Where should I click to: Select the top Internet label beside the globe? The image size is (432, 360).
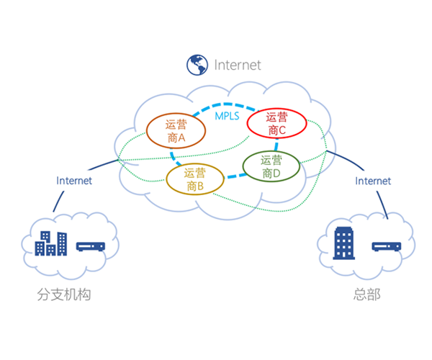(x=238, y=66)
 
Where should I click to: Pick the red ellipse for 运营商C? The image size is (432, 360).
(x=276, y=123)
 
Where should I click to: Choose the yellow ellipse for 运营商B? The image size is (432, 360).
(x=194, y=179)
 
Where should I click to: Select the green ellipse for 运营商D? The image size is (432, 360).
(x=271, y=166)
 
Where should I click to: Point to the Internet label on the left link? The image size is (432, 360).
(x=74, y=181)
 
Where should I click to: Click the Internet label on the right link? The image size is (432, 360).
(x=373, y=181)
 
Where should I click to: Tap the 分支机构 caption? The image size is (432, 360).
(x=64, y=295)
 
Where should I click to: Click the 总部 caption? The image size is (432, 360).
(x=367, y=295)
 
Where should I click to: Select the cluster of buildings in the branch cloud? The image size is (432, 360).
(x=51, y=243)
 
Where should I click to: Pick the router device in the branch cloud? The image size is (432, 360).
(x=90, y=246)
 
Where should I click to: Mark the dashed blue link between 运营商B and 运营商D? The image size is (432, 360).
(x=233, y=175)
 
